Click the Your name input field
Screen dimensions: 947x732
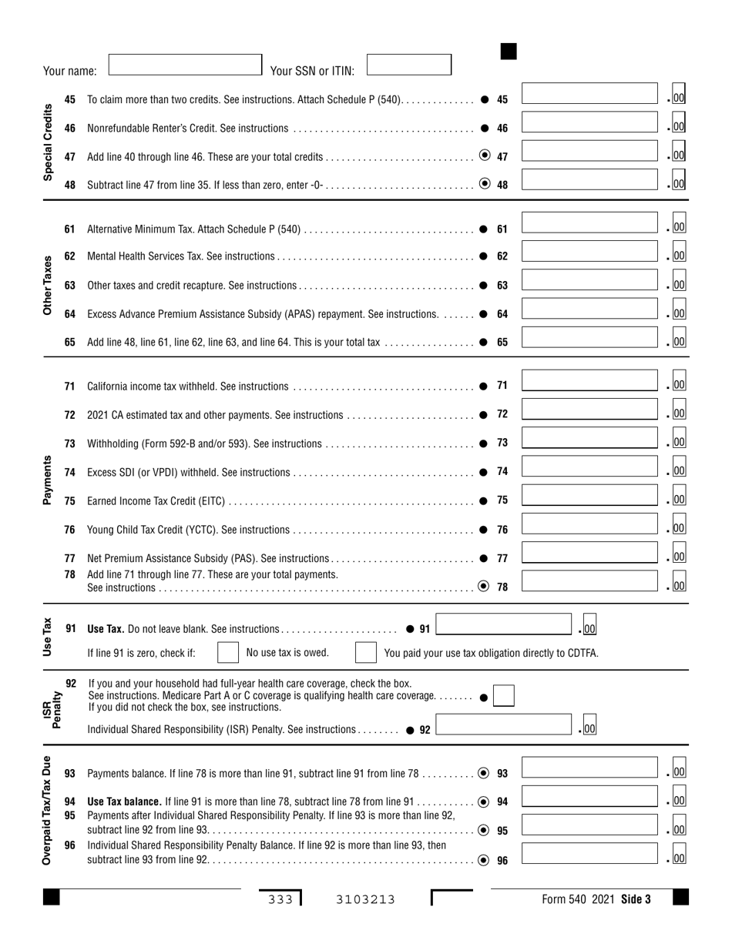[x=185, y=65]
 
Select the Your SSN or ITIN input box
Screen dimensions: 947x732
[x=408, y=65]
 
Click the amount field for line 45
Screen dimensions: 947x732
[x=590, y=99]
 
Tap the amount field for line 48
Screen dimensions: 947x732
[x=590, y=184]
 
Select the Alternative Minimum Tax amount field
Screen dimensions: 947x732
[x=590, y=228]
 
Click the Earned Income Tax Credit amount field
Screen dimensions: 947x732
[x=590, y=500]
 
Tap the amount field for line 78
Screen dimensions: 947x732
[x=590, y=585]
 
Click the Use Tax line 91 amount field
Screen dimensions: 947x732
[x=505, y=628]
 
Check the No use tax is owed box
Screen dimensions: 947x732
[x=228, y=653]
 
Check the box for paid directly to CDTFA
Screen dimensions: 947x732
[x=365, y=653]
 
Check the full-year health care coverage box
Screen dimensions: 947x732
[x=504, y=696]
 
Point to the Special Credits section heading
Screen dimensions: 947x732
[x=49, y=142]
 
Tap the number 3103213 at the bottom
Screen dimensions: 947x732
[x=365, y=898]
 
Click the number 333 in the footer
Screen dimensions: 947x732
[x=280, y=898]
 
